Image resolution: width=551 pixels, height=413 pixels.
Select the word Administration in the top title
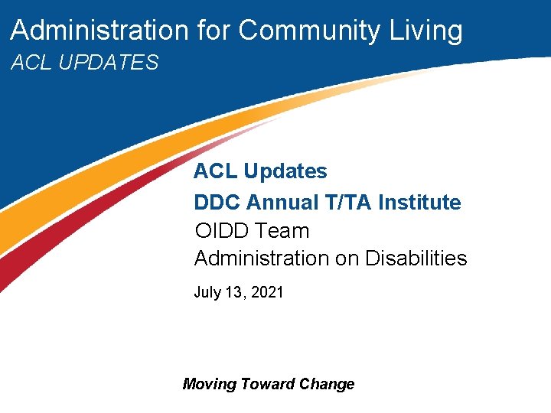coord(99,31)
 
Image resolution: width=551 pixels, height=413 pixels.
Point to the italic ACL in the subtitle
coord(30,63)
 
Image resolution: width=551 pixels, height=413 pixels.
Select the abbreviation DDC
coord(217,203)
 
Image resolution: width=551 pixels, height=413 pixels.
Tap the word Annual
coord(282,203)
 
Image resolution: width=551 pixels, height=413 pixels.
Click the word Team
coord(283,231)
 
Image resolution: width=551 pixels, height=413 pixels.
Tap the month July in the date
coord(207,292)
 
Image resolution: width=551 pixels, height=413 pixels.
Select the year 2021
coord(267,292)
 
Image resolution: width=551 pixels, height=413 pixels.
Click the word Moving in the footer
coord(209,384)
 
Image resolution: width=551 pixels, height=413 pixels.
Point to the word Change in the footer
coord(327,384)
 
